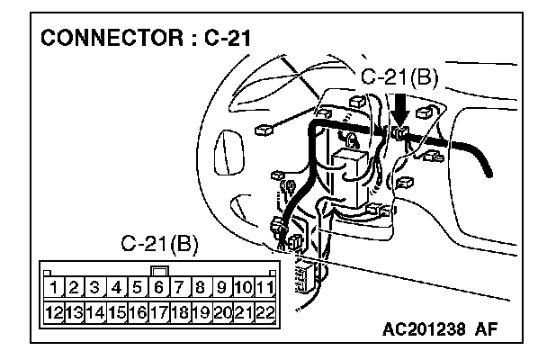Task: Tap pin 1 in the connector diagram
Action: pos(55,288)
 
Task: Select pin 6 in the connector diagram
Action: pos(159,288)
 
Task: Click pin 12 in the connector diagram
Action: pos(55,312)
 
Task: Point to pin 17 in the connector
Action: pos(159,312)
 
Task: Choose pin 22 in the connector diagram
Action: pos(264,312)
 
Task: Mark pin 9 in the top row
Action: pos(221,288)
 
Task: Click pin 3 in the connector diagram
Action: pos(96,288)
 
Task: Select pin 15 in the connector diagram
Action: pos(117,312)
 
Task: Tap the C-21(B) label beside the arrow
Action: pos(399,77)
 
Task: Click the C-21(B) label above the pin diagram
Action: pos(159,245)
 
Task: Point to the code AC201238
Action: pos(418,330)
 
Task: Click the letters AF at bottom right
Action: pos(486,330)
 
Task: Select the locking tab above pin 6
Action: pos(159,269)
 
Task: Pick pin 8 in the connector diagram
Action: pos(201,288)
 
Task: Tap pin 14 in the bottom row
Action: pos(96,312)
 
